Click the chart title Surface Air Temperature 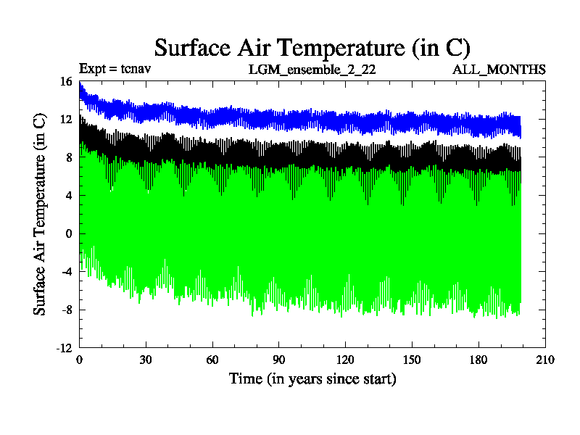312,48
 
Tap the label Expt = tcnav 115,69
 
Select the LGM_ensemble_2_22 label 312,70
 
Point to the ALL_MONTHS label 499,70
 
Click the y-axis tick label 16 66,82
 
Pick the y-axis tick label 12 66,120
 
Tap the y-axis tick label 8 69,157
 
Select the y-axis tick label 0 69,233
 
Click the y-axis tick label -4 67,272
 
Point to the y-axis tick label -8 67,310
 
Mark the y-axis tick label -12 65,348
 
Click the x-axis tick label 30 146,360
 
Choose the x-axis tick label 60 212,360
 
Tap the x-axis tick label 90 279,360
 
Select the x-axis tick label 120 346,360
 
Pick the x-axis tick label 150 412,360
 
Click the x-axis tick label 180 478,360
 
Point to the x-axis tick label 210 545,360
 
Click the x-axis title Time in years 312,378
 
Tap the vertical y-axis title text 41,215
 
